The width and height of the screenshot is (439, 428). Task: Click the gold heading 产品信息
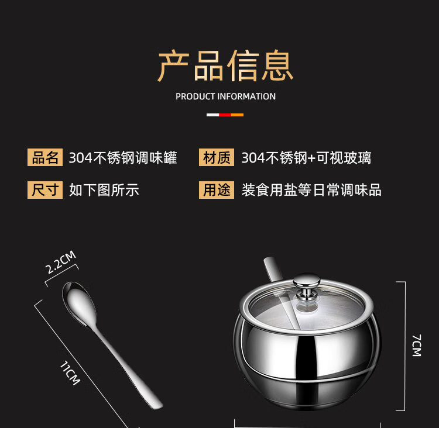(225, 65)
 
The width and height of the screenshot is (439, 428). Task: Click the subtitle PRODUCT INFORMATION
(226, 96)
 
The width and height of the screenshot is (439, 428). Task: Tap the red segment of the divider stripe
(225, 115)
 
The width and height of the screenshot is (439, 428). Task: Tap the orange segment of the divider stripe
(237, 115)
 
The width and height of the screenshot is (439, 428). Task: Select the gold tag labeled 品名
(45, 157)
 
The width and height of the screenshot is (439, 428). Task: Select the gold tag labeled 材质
(217, 157)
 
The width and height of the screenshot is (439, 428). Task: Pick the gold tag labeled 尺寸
(45, 190)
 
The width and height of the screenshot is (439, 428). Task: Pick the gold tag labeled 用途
(217, 190)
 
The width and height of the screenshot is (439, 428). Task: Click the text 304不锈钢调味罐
(123, 158)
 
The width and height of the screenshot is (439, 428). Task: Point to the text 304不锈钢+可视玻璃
(306, 158)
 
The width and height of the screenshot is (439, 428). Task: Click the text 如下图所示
(104, 190)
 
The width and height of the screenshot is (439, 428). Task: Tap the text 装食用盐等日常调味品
(311, 190)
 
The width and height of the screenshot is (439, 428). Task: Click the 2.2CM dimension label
(60, 262)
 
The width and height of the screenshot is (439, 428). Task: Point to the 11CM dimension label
(70, 373)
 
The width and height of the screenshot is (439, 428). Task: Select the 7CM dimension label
(417, 345)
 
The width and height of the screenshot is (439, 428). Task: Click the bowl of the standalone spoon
(79, 303)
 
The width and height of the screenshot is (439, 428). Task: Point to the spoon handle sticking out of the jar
(272, 268)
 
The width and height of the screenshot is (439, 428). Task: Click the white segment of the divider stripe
(213, 115)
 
